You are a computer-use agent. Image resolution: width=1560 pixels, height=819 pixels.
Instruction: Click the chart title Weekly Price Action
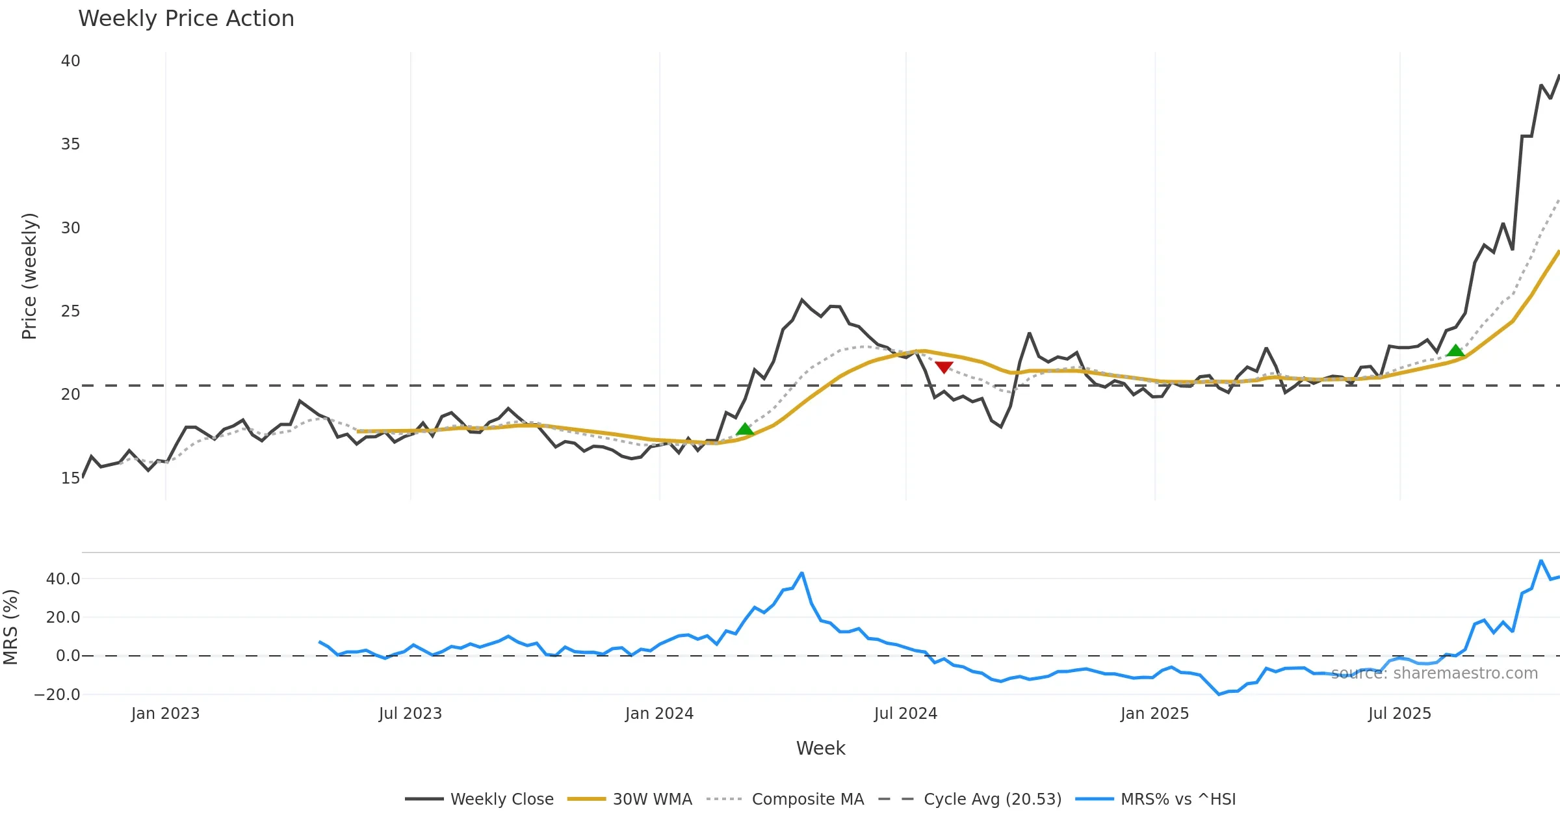(x=186, y=19)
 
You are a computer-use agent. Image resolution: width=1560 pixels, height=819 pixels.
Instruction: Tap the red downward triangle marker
(x=944, y=367)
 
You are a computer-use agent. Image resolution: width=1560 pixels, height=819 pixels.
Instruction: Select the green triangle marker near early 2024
(x=745, y=429)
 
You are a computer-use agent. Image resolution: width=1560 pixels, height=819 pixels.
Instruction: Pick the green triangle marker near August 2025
(x=1455, y=350)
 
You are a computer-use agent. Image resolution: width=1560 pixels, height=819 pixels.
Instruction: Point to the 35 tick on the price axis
(x=70, y=144)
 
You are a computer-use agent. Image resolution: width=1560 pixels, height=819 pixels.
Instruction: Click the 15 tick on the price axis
(x=70, y=478)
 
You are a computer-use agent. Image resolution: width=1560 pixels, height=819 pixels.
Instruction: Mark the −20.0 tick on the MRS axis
(x=57, y=694)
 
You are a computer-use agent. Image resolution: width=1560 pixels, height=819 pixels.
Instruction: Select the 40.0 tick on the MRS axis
(x=63, y=578)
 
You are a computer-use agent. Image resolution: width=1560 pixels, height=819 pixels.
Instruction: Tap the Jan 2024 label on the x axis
(x=659, y=714)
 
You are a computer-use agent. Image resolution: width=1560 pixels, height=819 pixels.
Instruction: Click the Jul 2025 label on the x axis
(x=1399, y=714)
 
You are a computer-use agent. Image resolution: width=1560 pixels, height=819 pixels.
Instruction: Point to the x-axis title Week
(x=820, y=748)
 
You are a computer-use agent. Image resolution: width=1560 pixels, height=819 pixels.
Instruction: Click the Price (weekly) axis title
(x=30, y=276)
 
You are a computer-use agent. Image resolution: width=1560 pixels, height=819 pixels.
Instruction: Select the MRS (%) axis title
(x=11, y=627)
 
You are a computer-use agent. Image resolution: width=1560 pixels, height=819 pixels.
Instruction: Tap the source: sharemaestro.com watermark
(x=1435, y=673)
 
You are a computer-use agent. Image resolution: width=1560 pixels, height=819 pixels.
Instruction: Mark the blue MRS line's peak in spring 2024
(x=802, y=573)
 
